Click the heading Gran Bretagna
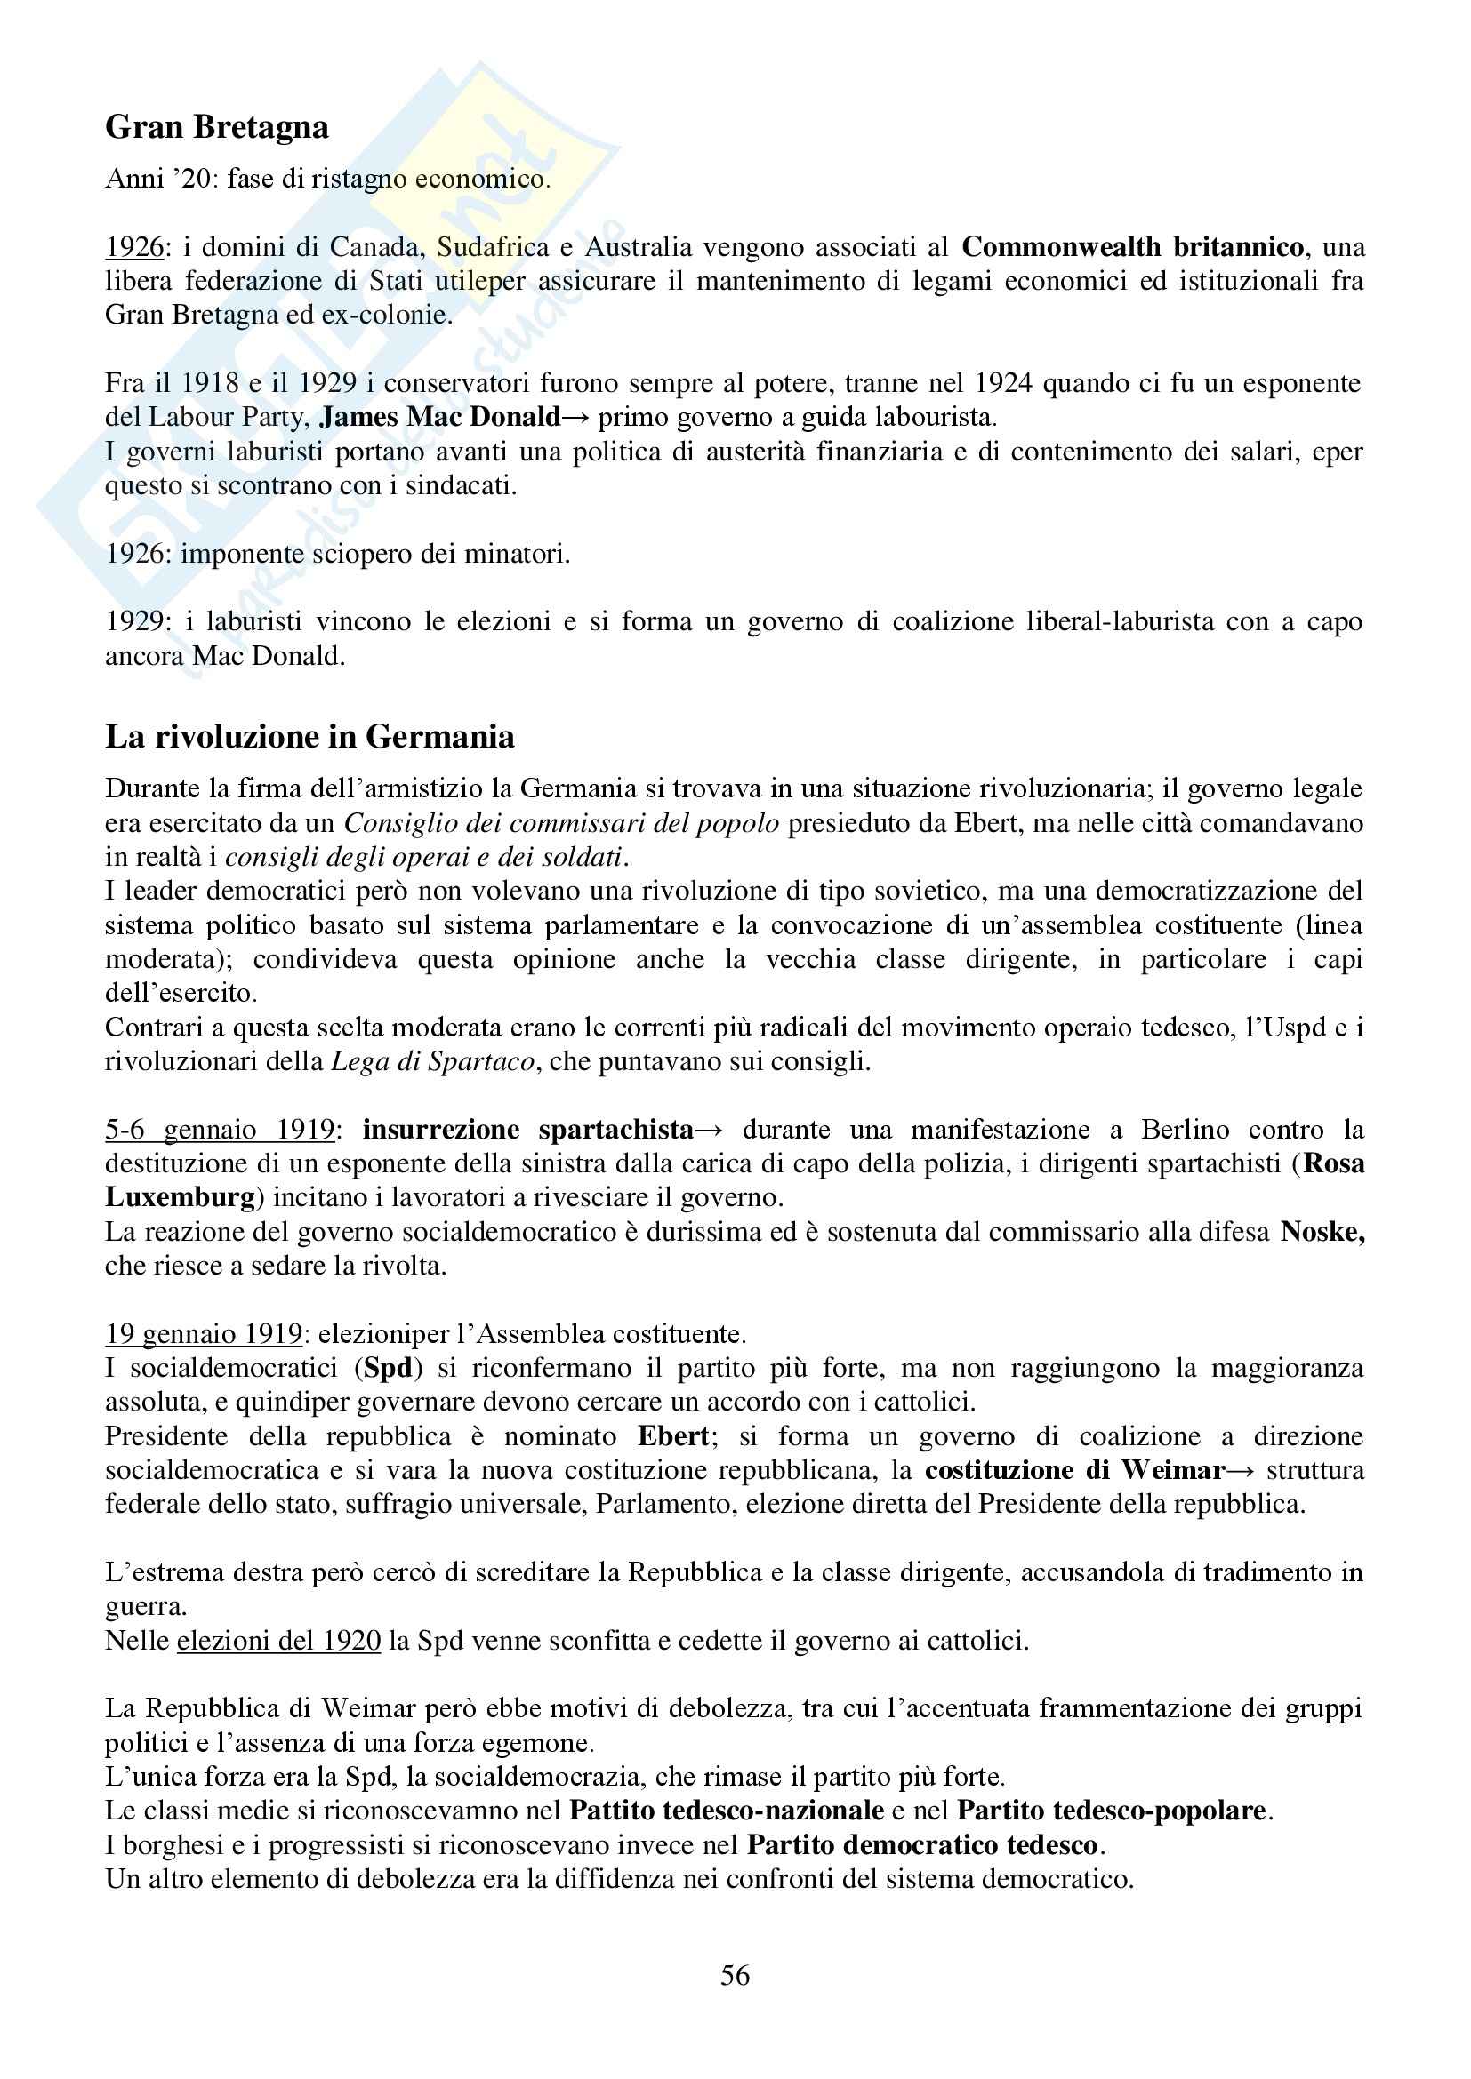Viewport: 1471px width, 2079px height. [216, 128]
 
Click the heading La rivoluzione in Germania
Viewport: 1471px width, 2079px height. [309, 737]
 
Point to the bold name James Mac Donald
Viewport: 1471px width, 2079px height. [441, 417]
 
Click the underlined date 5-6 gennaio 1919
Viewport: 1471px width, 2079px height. [220, 1130]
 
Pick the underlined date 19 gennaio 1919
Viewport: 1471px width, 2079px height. [204, 1334]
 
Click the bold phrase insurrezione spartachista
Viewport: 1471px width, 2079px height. [528, 1130]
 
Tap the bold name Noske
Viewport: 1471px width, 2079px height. [1322, 1231]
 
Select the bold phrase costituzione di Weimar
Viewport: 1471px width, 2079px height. [1074, 1469]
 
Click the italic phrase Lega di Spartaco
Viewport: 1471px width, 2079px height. [433, 1061]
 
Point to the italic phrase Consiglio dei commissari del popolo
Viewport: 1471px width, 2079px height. [561, 823]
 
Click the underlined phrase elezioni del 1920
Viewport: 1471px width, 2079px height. [278, 1641]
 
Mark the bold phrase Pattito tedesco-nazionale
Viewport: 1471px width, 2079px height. [727, 1810]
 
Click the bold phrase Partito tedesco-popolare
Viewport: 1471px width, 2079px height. [1112, 1810]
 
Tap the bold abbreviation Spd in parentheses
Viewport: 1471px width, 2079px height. [388, 1368]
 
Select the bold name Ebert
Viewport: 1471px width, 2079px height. [673, 1436]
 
